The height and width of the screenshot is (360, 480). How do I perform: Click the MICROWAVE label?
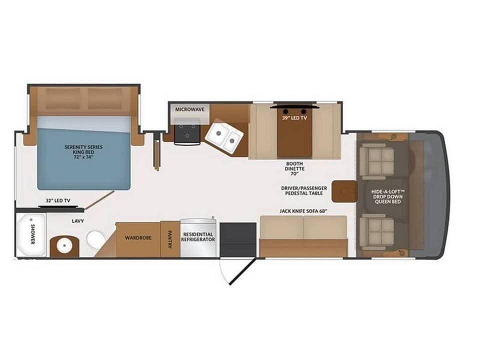pos(188,109)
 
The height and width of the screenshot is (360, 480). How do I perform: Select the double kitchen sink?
pos(224,136)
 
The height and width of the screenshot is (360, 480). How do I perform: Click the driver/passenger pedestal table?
pos(344,191)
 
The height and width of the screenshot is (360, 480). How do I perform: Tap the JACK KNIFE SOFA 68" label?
pos(303,211)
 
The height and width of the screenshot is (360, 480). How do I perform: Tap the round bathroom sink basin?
pos(64,245)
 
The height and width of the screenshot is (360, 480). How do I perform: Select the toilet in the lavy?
pos(95,239)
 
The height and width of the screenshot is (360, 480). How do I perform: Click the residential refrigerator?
pos(198,237)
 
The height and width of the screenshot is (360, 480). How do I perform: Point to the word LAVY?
pos(77,220)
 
